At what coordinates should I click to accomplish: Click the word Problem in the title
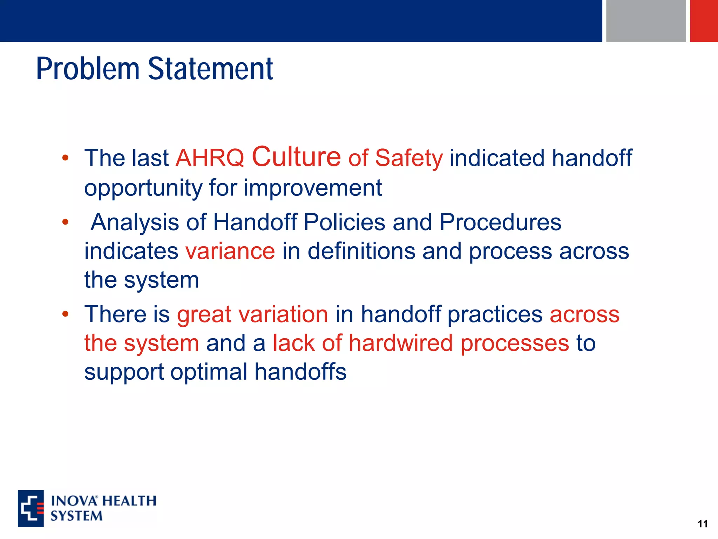[x=88, y=69]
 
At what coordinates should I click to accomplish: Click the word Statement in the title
[x=210, y=69]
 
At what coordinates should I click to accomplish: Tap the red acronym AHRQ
[x=210, y=158]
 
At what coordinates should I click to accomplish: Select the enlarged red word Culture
[x=296, y=157]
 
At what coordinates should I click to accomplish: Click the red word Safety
[x=409, y=158]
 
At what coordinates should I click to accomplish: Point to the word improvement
[x=313, y=188]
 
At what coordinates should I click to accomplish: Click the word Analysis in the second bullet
[x=135, y=222]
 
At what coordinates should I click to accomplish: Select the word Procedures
[x=500, y=222]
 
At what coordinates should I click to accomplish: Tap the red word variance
[x=230, y=251]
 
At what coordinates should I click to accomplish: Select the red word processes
[x=515, y=344]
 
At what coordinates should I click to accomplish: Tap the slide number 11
[x=703, y=524]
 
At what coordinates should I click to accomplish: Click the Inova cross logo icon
[x=31, y=508]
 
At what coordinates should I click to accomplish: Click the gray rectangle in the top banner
[x=646, y=21]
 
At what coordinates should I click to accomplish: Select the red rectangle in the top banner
[x=704, y=21]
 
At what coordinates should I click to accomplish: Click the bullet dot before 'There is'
[x=65, y=314]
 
